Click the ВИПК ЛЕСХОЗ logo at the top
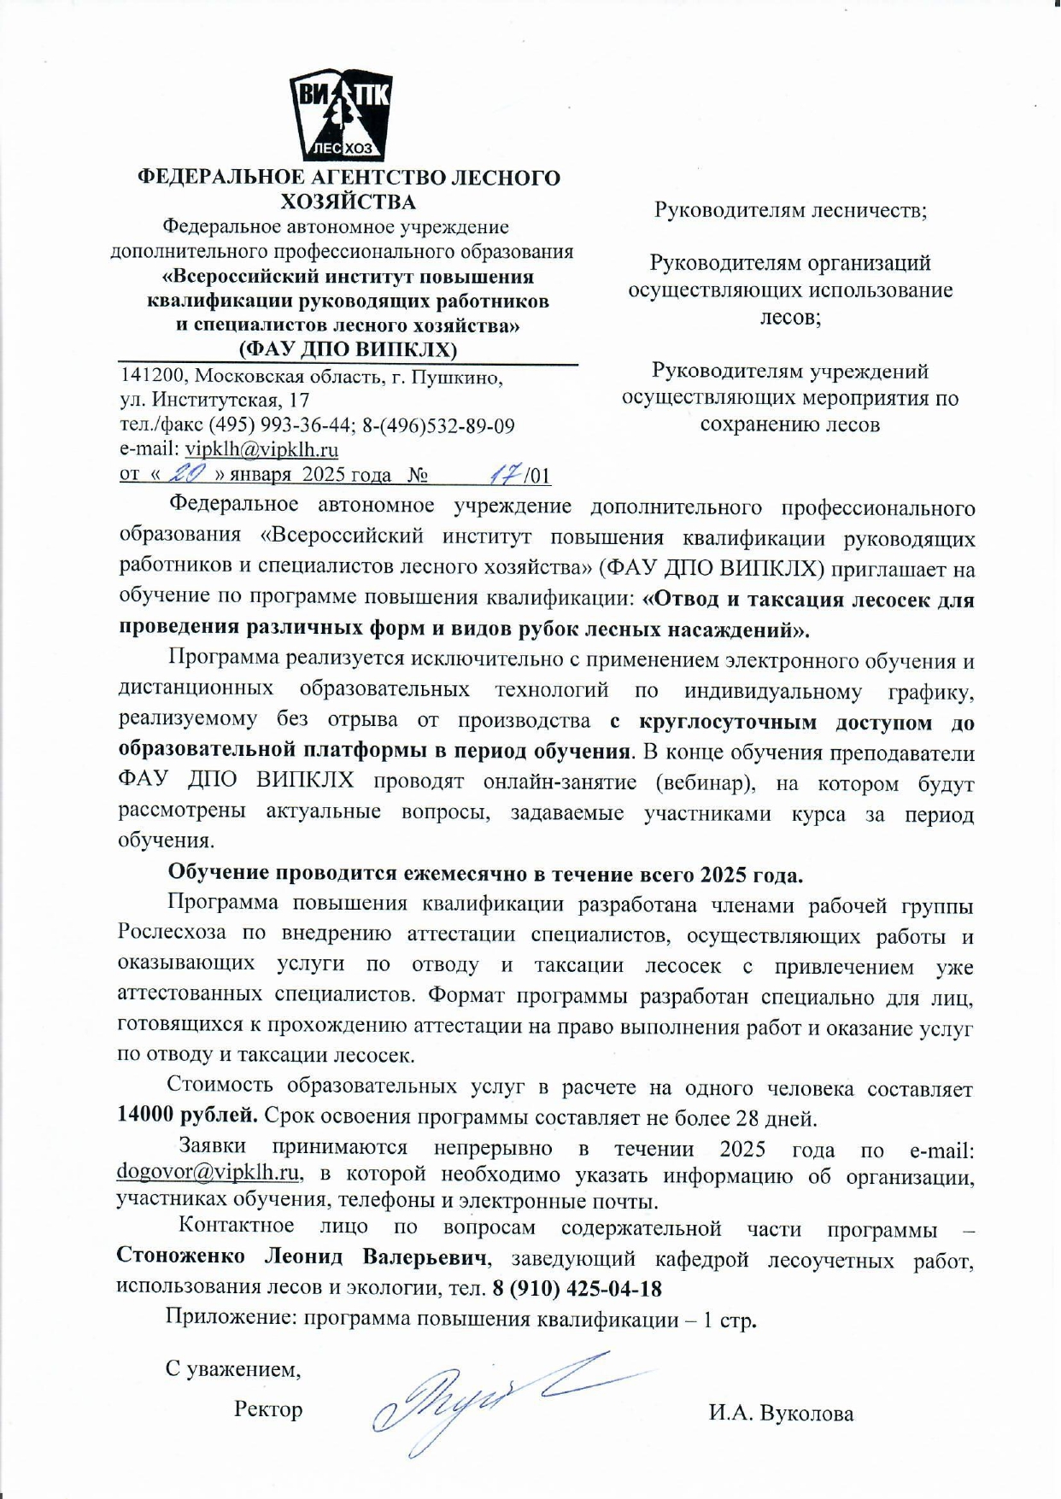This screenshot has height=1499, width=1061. pos(340,116)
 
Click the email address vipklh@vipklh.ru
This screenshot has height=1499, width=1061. pos(261,449)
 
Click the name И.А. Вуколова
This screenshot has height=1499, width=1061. pos(780,1414)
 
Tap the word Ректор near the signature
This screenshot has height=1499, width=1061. pos(268,1408)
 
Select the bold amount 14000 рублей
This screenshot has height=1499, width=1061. pos(187,1115)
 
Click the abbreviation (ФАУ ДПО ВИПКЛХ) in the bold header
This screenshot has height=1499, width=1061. pos(348,349)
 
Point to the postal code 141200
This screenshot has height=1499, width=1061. pos(149,376)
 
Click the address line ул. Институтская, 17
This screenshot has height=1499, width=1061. pos(214,400)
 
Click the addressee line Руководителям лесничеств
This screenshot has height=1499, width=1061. pos(790,209)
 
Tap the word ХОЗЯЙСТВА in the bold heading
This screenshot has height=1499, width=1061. pos(349,202)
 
